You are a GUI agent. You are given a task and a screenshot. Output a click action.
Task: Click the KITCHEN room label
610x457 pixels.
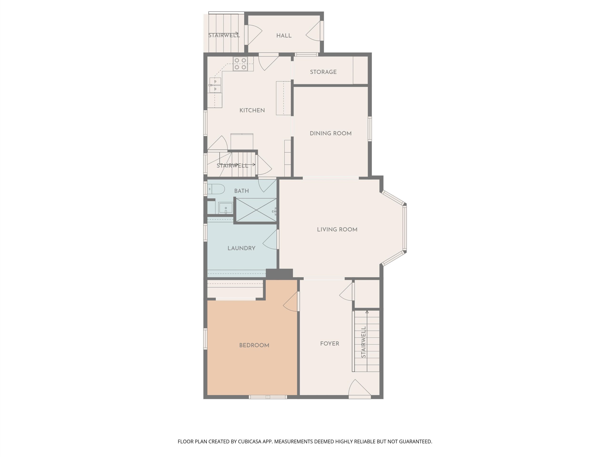(x=252, y=110)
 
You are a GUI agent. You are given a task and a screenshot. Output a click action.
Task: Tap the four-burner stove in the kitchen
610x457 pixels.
(x=240, y=64)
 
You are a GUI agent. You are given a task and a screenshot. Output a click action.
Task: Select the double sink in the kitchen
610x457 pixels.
(x=215, y=85)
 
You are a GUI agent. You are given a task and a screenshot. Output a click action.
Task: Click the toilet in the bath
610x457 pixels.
(x=216, y=189)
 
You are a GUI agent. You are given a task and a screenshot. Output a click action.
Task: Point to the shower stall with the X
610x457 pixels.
(x=256, y=210)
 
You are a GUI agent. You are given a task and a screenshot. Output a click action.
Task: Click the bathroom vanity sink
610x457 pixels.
(x=226, y=208)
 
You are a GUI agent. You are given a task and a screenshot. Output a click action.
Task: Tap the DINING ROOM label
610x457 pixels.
(x=331, y=134)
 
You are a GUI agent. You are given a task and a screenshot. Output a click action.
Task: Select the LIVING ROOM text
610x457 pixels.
(x=337, y=230)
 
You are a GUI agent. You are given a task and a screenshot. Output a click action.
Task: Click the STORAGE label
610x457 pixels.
(x=323, y=72)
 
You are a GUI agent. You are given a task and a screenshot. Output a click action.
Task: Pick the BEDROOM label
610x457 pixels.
(x=254, y=345)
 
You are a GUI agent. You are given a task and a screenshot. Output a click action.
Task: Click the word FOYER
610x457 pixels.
(x=330, y=344)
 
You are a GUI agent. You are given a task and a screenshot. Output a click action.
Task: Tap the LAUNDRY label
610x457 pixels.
(x=241, y=248)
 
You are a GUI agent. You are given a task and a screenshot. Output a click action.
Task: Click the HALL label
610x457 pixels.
(x=284, y=36)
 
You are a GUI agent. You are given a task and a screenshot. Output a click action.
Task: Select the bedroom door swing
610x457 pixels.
(x=291, y=302)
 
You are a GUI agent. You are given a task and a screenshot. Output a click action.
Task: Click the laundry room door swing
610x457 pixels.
(x=270, y=240)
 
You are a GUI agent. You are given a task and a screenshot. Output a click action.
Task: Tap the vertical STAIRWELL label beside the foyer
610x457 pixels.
(x=363, y=342)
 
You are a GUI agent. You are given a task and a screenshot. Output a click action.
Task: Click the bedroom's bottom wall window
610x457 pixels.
(x=268, y=397)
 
